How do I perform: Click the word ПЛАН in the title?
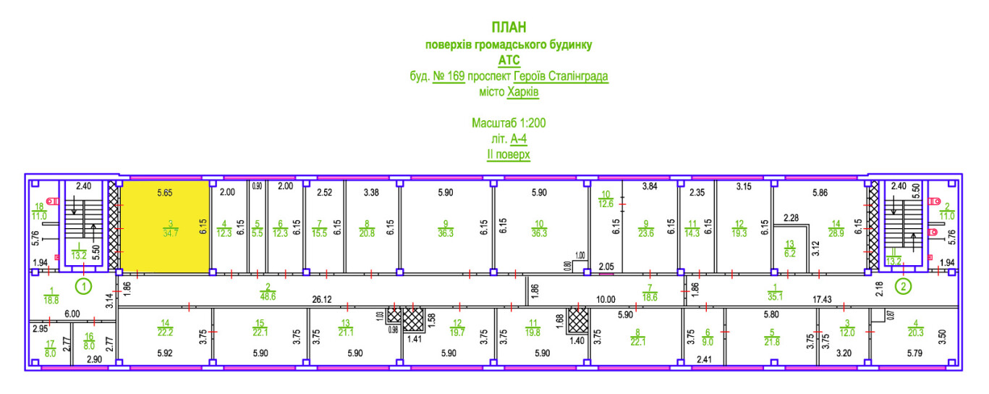tap(508, 28)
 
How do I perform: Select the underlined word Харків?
tap(523, 92)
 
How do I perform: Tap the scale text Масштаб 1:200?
tap(509, 123)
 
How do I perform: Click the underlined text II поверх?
tap(509, 155)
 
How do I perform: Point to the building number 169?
tap(449, 76)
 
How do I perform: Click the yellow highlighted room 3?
tap(165, 225)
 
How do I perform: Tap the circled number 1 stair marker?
tap(85, 286)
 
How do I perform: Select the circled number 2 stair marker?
tap(903, 286)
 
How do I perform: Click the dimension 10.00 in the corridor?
tap(605, 299)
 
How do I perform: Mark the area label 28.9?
tap(837, 232)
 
